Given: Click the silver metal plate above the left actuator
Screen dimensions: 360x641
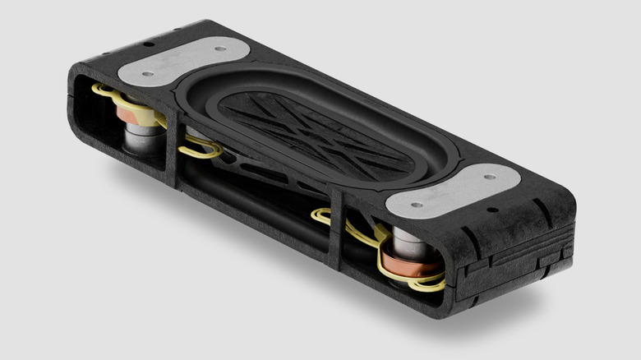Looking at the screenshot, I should tap(182, 60).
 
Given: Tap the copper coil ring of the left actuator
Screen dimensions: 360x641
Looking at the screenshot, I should tap(131, 112).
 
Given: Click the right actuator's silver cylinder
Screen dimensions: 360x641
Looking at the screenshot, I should tap(404, 242).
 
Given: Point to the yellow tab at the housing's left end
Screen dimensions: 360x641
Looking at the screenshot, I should tap(101, 87).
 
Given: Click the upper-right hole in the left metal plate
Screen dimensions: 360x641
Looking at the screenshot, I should tap(220, 48).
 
